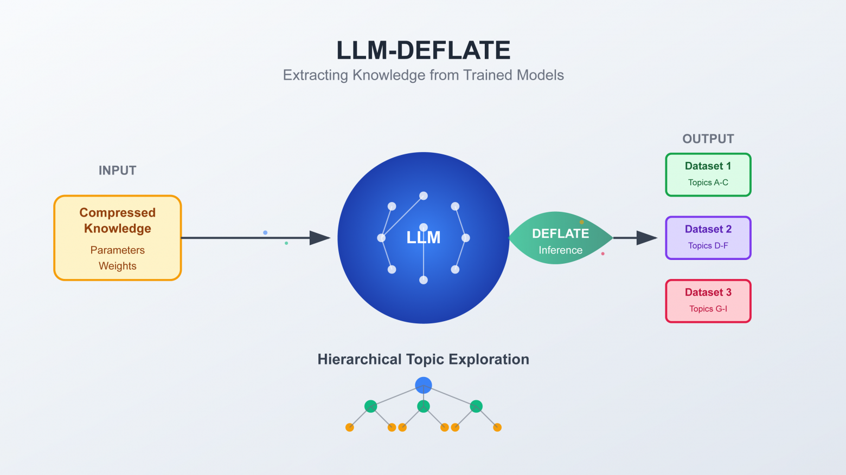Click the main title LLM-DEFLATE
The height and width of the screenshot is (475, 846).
(423, 50)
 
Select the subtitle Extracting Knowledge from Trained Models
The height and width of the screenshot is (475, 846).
(423, 75)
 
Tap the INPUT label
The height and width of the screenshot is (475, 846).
(117, 171)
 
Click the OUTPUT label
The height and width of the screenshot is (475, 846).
(708, 139)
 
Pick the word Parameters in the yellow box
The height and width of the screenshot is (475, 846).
(117, 250)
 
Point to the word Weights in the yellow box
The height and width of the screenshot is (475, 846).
(117, 266)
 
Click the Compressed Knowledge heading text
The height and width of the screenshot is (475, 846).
(117, 220)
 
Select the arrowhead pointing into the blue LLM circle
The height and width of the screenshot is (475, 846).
(320, 238)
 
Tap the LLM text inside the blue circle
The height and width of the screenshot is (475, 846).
(424, 238)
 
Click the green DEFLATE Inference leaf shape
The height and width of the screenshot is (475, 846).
(560, 238)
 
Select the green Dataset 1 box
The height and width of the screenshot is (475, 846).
(708, 174)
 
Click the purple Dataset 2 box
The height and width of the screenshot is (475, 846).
(708, 238)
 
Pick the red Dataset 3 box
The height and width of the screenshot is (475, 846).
(708, 301)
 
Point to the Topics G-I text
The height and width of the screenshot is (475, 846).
(708, 309)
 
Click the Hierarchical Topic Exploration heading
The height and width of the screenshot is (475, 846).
(423, 360)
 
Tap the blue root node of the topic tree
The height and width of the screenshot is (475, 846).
(424, 385)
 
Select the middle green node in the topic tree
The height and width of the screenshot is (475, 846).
(424, 406)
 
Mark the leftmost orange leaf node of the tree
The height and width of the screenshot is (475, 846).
(350, 427)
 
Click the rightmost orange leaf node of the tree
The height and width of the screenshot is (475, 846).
(497, 427)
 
